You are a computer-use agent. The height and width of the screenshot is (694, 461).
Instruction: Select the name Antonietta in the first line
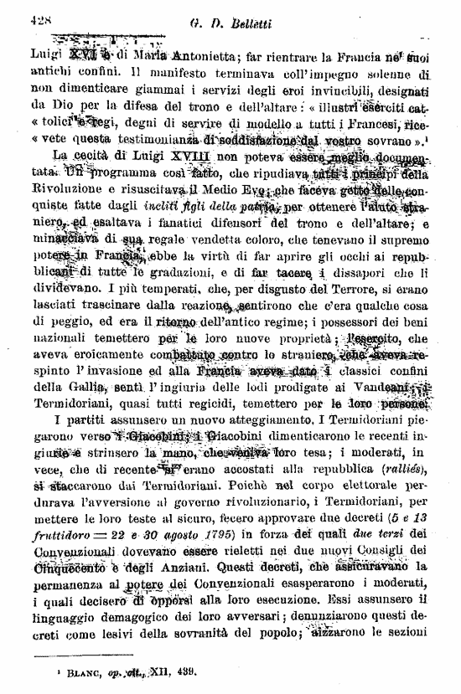(201, 58)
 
